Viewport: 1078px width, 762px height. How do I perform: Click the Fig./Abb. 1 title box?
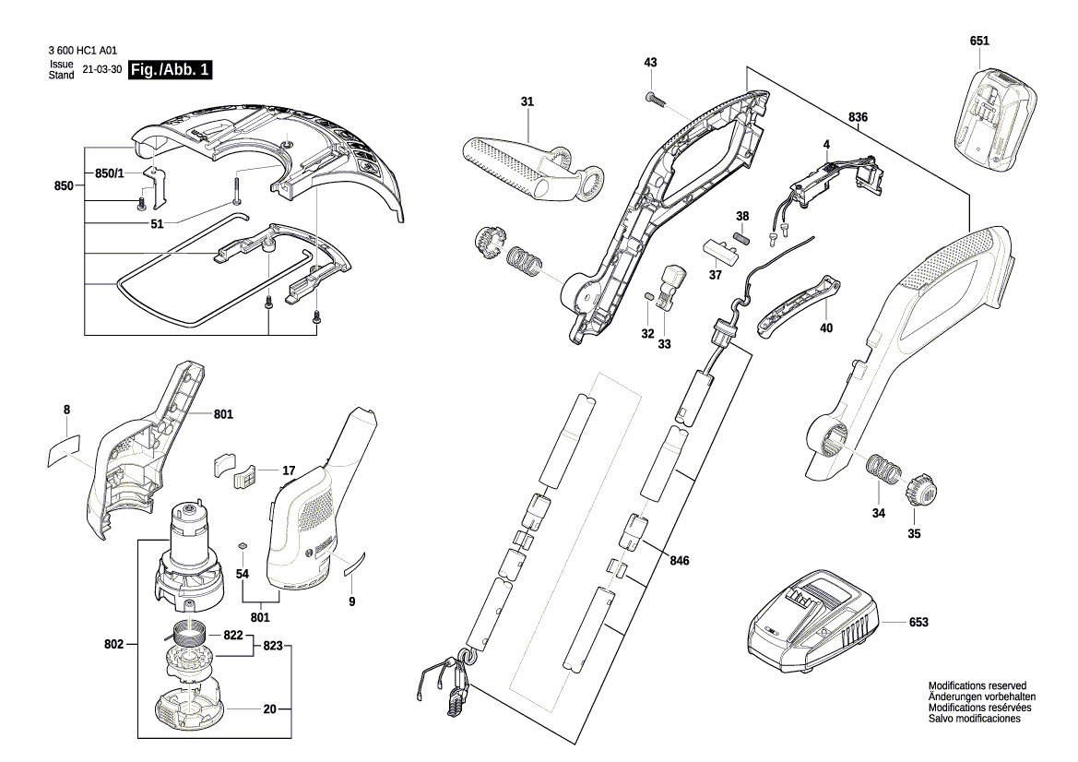[x=171, y=71]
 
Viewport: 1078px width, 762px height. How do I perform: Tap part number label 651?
[x=979, y=42]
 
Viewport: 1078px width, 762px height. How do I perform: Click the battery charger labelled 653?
[x=812, y=624]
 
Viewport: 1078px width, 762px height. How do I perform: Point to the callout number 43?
[x=651, y=62]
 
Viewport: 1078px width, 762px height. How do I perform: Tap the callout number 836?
[x=858, y=116]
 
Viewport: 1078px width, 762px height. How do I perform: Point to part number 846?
[x=680, y=560]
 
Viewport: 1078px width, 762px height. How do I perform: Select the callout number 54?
[x=243, y=574]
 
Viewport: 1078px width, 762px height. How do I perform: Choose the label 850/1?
[x=109, y=173]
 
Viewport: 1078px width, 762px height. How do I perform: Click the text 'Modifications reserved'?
[x=977, y=686]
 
